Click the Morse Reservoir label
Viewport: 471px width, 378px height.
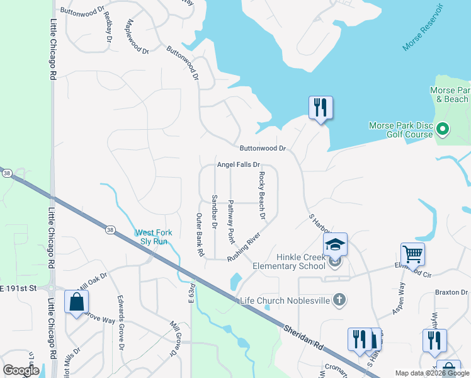424,30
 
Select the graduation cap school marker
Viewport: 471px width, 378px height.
335,244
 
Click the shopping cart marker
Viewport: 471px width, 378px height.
412,254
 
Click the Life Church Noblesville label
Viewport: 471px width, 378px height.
285,300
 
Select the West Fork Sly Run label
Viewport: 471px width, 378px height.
151,237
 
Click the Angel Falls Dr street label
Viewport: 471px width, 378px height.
239,164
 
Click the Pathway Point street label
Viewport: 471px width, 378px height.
231,222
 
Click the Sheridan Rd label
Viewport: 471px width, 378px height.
302,338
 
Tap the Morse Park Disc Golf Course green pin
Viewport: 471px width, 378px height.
442,130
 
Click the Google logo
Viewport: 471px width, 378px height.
21,370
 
